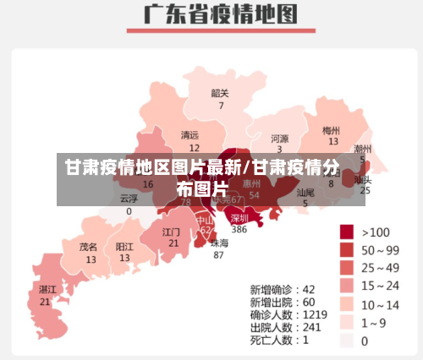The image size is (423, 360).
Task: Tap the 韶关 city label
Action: [220, 93]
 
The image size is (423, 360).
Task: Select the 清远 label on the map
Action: [190, 135]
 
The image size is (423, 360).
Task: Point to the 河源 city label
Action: [280, 138]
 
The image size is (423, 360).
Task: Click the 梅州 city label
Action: [332, 131]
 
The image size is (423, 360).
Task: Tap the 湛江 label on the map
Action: [47, 289]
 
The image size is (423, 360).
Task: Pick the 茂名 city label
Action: [89, 247]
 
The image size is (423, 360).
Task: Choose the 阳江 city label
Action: [124, 247]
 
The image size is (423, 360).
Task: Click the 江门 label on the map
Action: [172, 231]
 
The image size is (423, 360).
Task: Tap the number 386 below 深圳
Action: [239, 229]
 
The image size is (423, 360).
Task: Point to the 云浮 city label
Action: [129, 199]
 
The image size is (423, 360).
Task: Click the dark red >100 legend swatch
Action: [347, 232]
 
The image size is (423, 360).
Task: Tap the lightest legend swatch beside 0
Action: [347, 341]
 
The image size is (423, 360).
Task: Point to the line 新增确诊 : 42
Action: [283, 288]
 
